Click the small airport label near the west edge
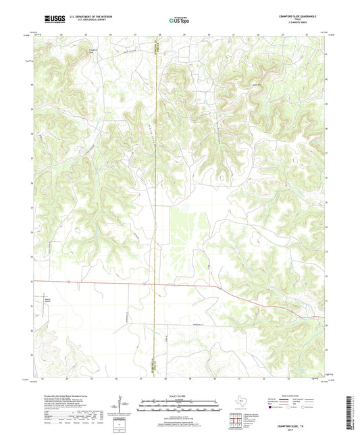coord(48,295)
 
